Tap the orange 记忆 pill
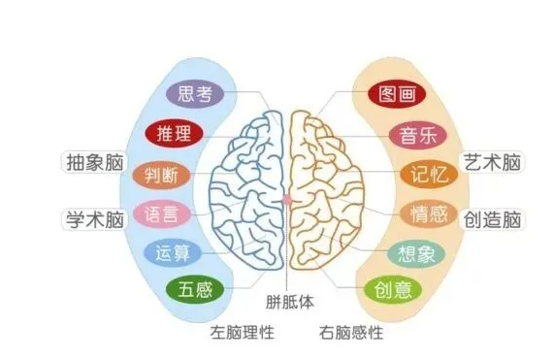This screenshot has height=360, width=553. point(426,175)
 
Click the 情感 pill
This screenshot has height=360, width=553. point(428,213)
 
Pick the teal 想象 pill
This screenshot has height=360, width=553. point(416,253)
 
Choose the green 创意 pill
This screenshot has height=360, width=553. point(392,288)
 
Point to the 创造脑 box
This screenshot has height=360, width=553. point(493,219)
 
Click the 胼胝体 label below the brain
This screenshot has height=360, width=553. point(291,302)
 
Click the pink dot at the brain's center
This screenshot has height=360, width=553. point(287,199)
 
